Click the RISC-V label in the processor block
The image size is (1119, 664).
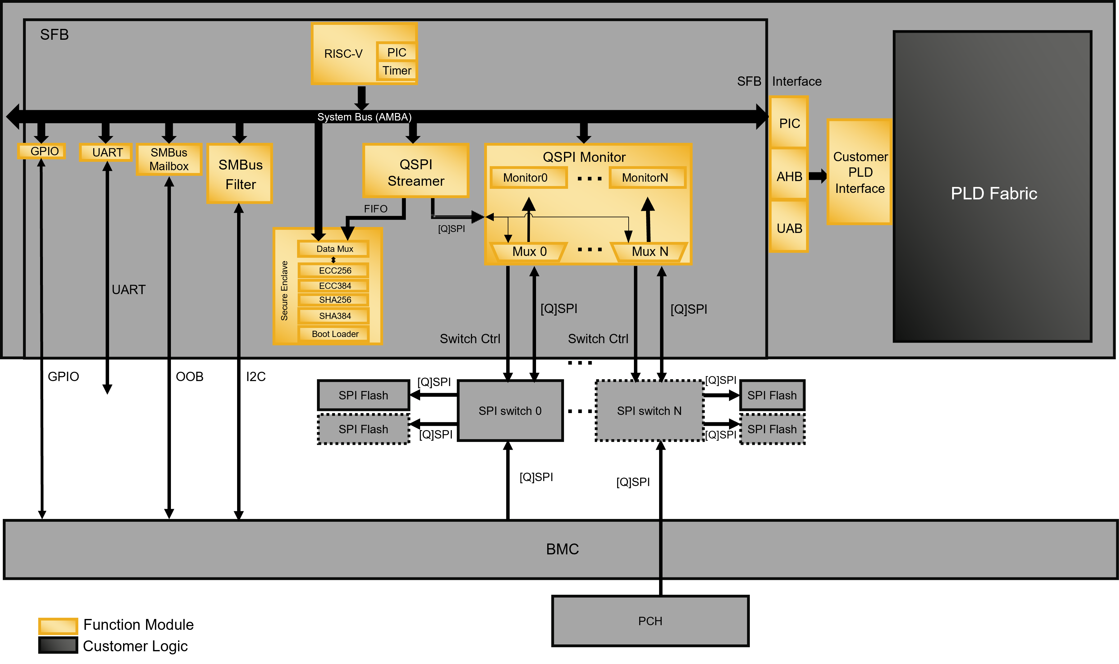343,54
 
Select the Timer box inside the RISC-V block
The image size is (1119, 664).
397,71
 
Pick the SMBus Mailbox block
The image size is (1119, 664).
169,159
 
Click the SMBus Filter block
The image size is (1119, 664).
240,174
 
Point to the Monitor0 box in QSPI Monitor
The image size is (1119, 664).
525,178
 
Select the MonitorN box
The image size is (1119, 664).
645,178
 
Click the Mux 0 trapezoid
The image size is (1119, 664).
529,252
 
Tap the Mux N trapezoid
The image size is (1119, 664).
649,252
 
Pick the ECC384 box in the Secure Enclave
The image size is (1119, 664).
334,285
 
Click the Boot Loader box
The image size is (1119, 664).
334,334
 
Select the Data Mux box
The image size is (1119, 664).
334,249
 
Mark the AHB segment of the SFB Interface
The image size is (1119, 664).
789,176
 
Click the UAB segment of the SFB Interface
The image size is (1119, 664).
789,228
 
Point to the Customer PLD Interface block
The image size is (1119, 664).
860,172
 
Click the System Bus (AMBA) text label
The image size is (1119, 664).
364,117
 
